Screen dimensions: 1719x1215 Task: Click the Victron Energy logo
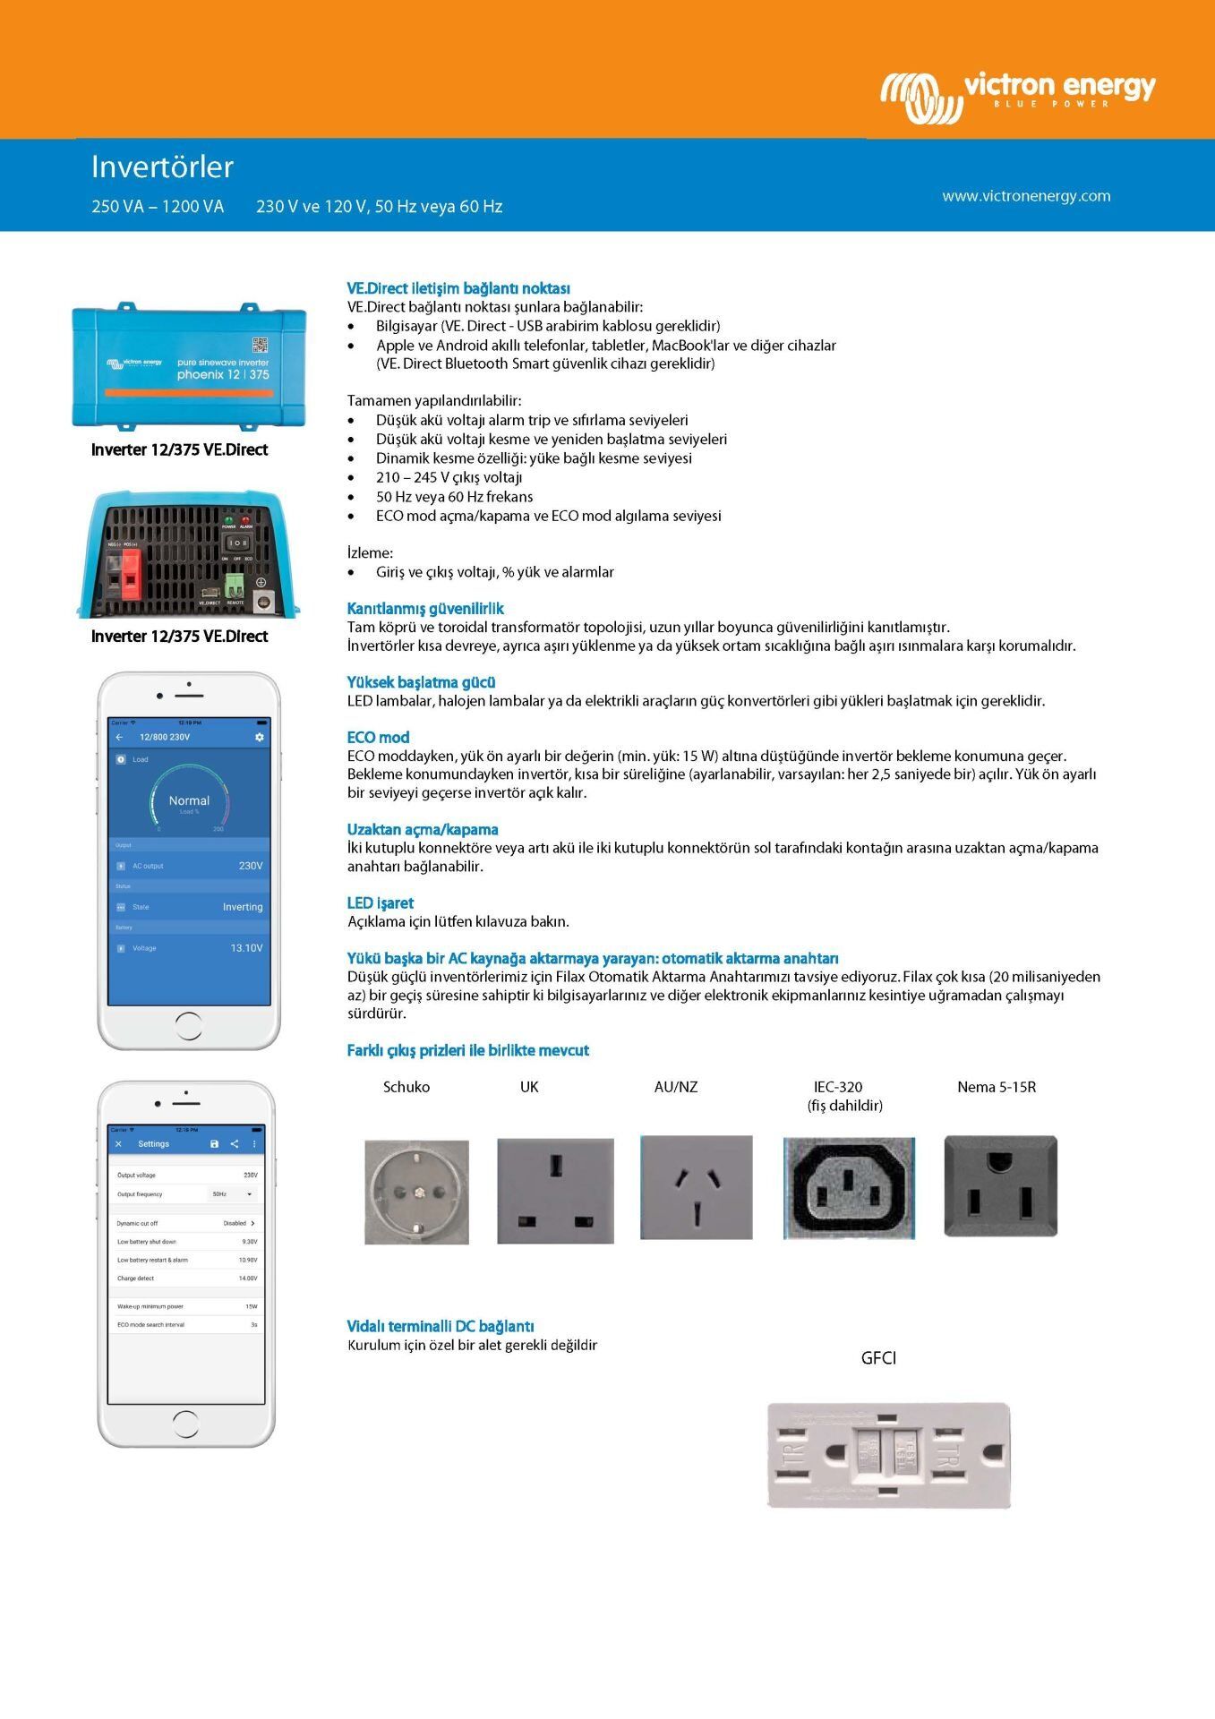tap(1017, 94)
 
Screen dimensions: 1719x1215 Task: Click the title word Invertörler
tap(162, 167)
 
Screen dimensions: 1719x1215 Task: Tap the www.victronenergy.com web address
tap(1025, 196)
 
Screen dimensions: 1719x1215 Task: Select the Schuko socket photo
tap(416, 1192)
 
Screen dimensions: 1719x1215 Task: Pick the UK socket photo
tap(555, 1191)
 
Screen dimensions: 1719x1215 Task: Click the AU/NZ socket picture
tap(696, 1187)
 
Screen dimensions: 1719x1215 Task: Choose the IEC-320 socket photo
tap(848, 1188)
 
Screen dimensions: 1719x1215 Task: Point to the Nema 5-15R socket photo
tap(1000, 1186)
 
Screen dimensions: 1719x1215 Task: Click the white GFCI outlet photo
tap(888, 1455)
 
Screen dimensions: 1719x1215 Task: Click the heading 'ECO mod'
tap(378, 738)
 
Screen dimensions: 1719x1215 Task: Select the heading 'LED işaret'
tap(380, 902)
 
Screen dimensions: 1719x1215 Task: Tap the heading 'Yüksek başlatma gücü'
tap(421, 682)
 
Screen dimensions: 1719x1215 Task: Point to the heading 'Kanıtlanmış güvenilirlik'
tap(425, 609)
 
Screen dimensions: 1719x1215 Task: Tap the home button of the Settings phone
tap(185, 1423)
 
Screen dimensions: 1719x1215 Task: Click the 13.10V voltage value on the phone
tap(246, 948)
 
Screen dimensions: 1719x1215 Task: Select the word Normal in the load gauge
tap(189, 800)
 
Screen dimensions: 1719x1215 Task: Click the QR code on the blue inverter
tap(260, 345)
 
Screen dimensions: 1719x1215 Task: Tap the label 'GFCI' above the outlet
tap(877, 1358)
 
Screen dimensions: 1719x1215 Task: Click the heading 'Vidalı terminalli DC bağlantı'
tap(440, 1326)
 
